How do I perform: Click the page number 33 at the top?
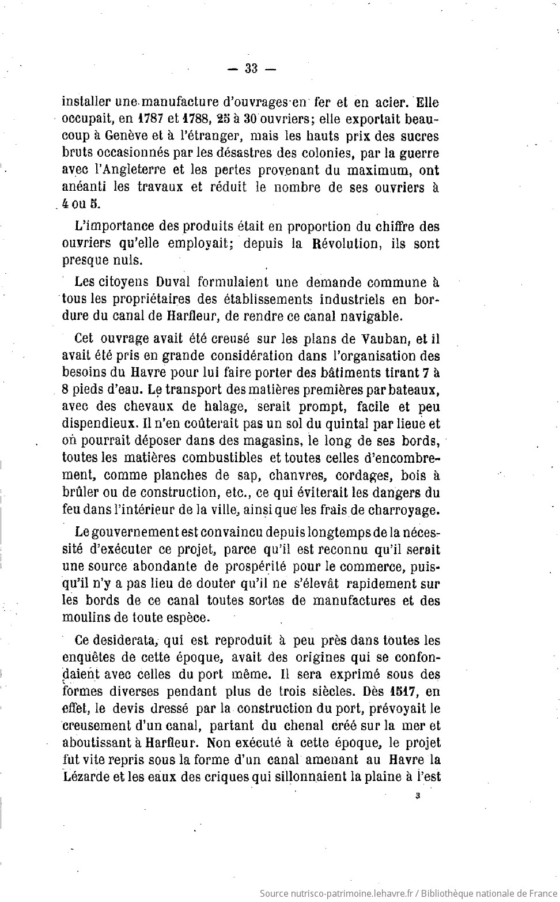coord(251,69)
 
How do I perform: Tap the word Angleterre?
coord(135,171)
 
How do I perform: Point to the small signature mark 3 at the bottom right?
coord(417,797)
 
